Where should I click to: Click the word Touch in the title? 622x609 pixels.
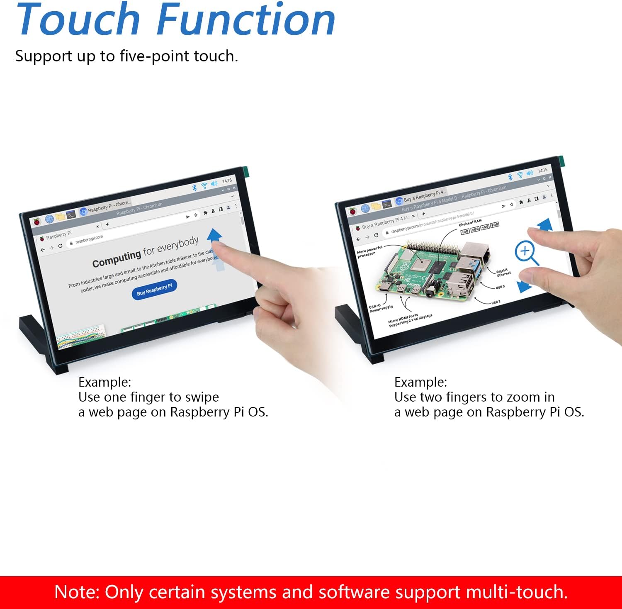pyautogui.click(x=79, y=20)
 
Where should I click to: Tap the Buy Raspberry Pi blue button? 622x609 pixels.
pyautogui.click(x=154, y=289)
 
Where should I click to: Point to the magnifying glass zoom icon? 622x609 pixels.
pyautogui.click(x=526, y=252)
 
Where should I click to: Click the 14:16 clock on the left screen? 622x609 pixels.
pyautogui.click(x=227, y=181)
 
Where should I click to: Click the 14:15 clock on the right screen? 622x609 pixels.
pyautogui.click(x=542, y=171)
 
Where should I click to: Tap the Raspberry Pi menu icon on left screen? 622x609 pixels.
pyautogui.click(x=37, y=222)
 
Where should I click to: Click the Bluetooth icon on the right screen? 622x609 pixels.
pyautogui.click(x=510, y=177)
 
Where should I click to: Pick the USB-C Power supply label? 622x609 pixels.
pyautogui.click(x=381, y=308)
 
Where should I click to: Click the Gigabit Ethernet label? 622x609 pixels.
pyautogui.click(x=503, y=273)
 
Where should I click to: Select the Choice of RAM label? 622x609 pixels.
pyautogui.click(x=470, y=222)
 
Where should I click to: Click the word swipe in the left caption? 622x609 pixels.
pyautogui.click(x=202, y=397)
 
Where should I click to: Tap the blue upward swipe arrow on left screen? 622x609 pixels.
pyautogui.click(x=214, y=235)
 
